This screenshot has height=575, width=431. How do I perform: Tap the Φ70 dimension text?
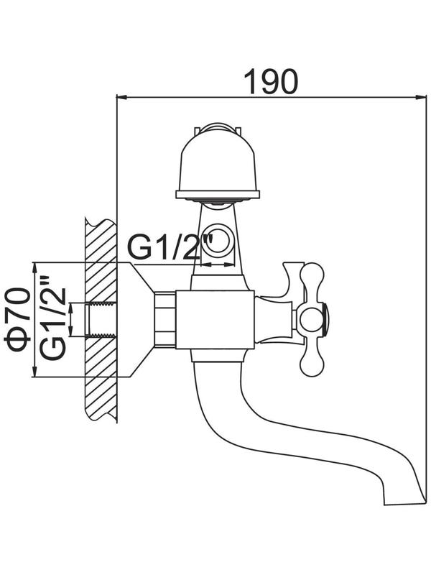[19, 321]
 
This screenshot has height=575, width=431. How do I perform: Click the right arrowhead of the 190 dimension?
[418, 97]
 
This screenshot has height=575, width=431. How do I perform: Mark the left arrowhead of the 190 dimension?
[121, 97]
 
